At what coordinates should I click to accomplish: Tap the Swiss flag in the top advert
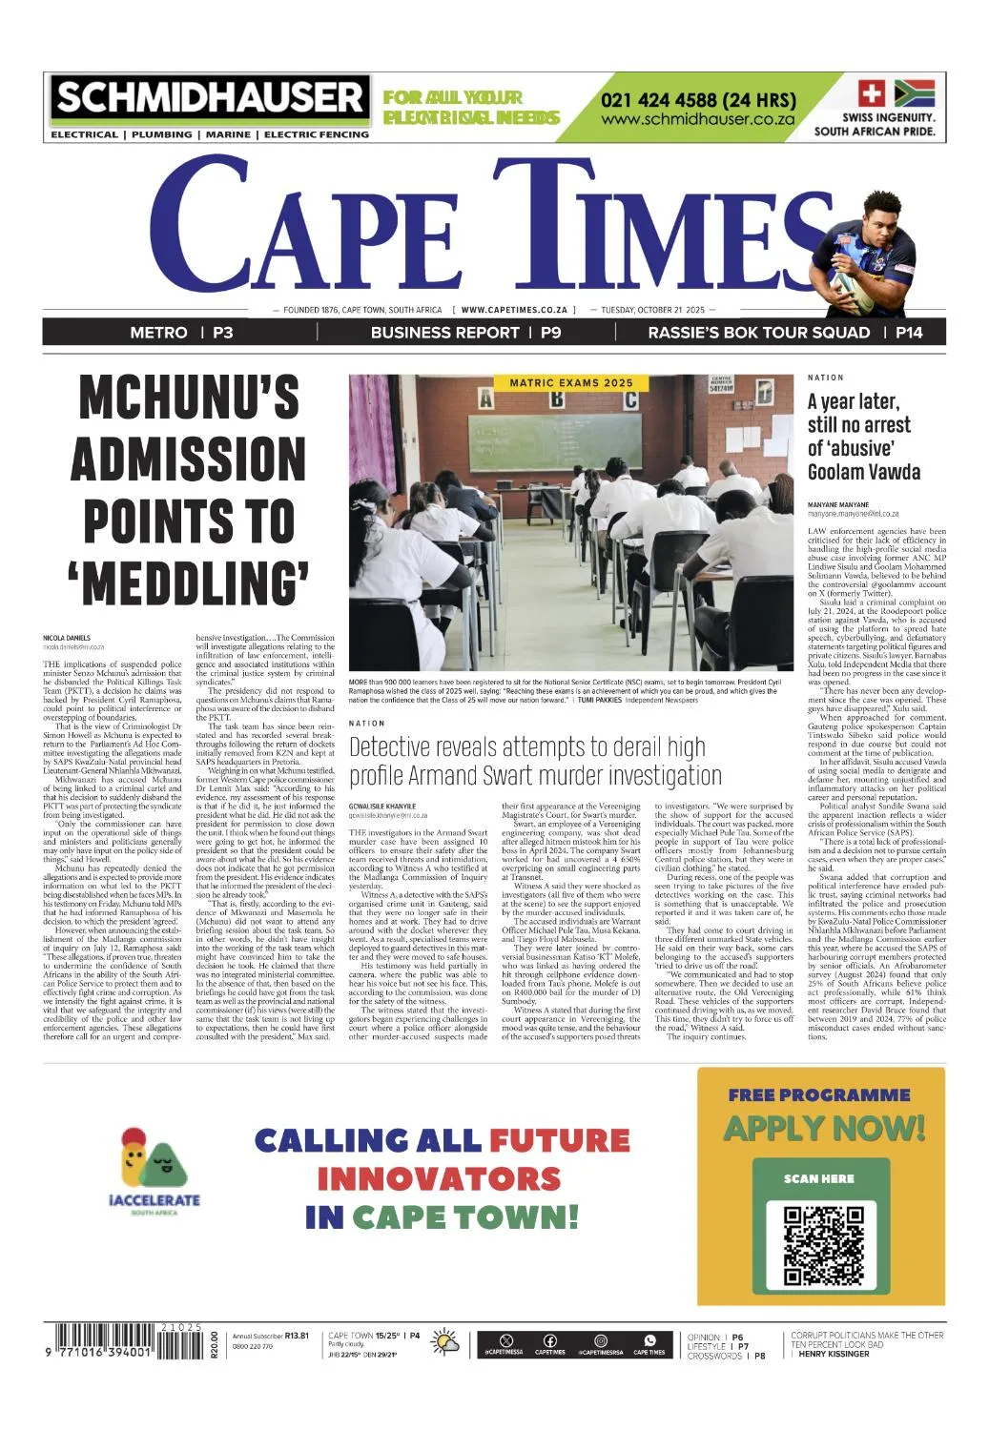click(x=872, y=93)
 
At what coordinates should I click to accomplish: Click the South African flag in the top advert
click(x=914, y=93)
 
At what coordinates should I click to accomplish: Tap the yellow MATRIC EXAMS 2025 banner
click(x=570, y=383)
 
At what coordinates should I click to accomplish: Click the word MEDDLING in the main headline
click(x=190, y=582)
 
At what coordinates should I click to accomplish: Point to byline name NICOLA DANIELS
click(x=67, y=638)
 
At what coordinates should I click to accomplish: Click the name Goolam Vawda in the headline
click(x=863, y=472)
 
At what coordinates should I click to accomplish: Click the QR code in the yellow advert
click(x=821, y=1246)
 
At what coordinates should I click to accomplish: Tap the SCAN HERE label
click(x=819, y=1178)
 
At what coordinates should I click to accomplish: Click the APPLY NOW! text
click(x=824, y=1129)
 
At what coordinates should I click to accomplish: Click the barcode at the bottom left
click(x=122, y=1344)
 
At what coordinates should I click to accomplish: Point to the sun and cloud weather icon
click(x=444, y=1343)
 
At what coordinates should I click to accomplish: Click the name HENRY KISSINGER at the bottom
click(x=834, y=1355)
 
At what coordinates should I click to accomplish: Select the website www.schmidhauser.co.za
click(x=698, y=120)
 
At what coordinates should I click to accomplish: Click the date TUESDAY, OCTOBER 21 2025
click(x=652, y=310)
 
